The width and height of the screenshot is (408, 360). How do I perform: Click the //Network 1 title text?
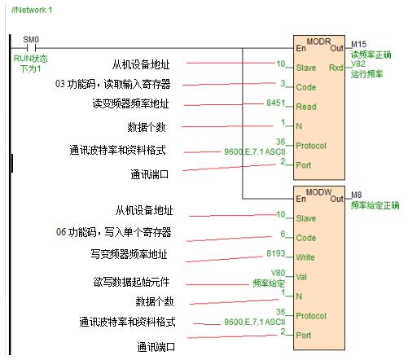tap(32, 9)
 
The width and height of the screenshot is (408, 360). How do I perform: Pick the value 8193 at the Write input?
tap(277, 253)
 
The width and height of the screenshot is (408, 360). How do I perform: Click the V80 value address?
tap(279, 273)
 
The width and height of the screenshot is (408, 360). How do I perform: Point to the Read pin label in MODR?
tap(306, 106)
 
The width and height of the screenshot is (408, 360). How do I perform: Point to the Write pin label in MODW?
tap(307, 257)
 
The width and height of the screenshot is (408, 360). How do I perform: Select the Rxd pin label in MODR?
tap(336, 67)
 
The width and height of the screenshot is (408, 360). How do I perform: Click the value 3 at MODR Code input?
tap(283, 81)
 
